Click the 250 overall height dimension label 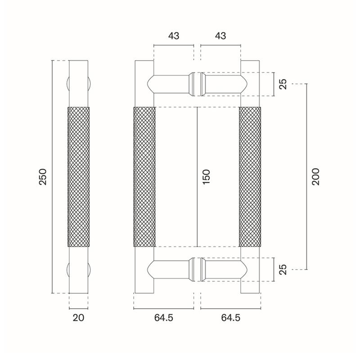coord(43,177)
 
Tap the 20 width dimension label coord(78,318)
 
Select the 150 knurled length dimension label coord(207,177)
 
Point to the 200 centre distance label coord(316,177)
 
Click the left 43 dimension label coord(174,36)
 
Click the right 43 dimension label coord(220,36)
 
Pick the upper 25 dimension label coord(283,84)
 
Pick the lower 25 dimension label coord(283,270)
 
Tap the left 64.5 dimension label coord(163,318)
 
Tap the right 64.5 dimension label coord(230,318)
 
